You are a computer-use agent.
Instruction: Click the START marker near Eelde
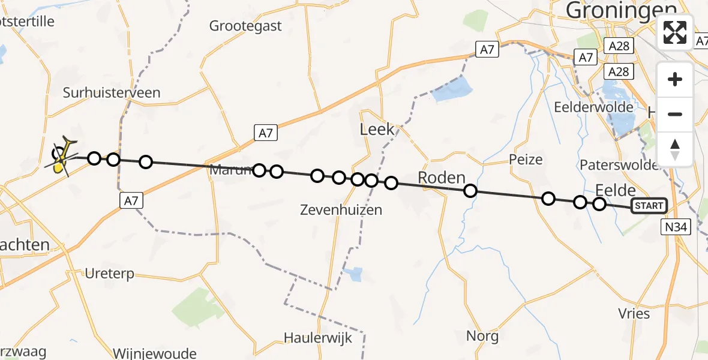tap(649, 206)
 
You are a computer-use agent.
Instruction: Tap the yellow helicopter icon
tap(62, 157)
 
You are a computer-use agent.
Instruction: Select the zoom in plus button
tap(675, 79)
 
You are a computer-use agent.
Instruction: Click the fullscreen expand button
tap(675, 32)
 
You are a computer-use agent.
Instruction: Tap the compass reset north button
tap(675, 149)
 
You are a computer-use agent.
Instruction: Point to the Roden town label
tap(442, 178)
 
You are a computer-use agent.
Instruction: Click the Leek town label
tap(377, 129)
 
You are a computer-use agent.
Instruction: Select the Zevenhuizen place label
tap(341, 209)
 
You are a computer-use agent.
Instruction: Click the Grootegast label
tap(245, 26)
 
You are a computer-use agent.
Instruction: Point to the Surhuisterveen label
tap(112, 92)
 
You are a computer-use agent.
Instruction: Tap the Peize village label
tap(526, 160)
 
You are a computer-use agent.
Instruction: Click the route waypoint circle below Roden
tap(470, 191)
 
